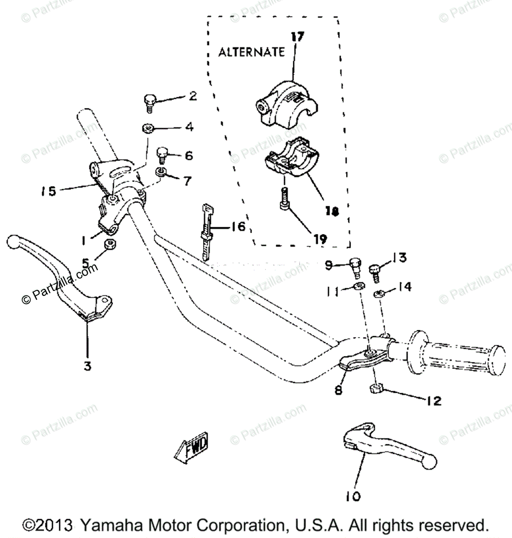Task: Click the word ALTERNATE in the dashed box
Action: point(251,52)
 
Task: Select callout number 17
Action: point(297,37)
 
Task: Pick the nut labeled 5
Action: point(108,245)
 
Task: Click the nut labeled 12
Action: point(376,387)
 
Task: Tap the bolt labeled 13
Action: point(375,272)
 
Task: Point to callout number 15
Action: point(46,191)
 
